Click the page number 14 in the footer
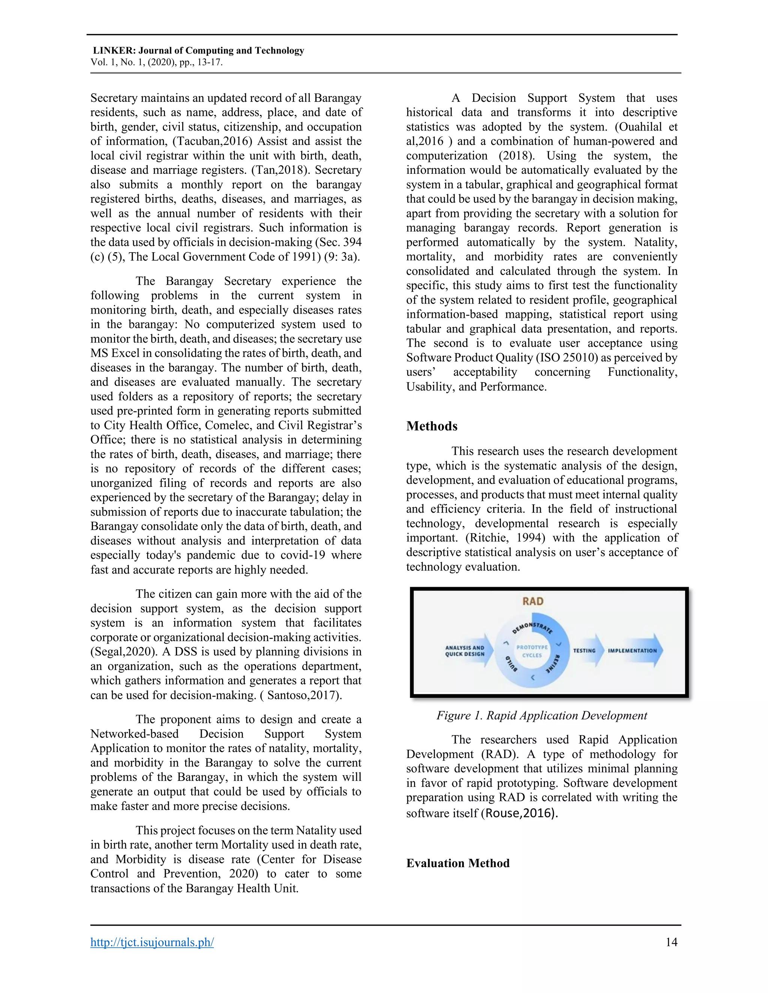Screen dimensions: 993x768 (671, 942)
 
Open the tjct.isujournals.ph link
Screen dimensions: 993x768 (152, 942)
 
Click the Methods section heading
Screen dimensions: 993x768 (432, 426)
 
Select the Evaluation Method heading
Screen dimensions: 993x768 (458, 863)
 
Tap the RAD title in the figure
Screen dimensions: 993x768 (533, 601)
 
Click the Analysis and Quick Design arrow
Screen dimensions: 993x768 (468, 651)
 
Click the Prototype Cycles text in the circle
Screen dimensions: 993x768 (532, 651)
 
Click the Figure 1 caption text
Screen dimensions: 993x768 (541, 715)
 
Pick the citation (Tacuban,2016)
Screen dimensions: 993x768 (212, 141)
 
